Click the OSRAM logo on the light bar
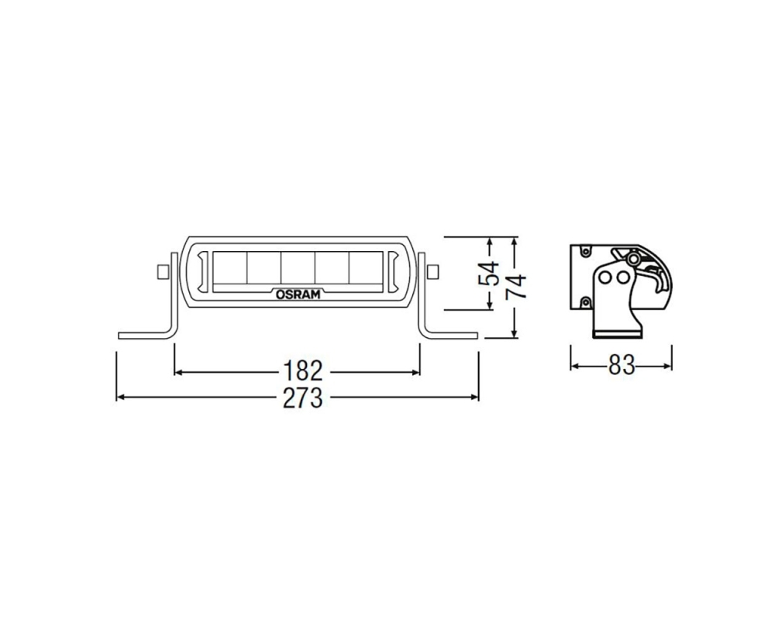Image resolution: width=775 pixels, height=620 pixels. pos(298,294)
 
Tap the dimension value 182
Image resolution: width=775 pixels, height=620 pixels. pos(302,370)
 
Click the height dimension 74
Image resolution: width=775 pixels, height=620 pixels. pos(515,287)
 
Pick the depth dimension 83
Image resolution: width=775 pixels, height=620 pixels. pos(622,366)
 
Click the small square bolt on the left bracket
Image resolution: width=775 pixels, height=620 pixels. pos(162,271)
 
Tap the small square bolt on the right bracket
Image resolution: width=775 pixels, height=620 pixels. pos(432,271)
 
